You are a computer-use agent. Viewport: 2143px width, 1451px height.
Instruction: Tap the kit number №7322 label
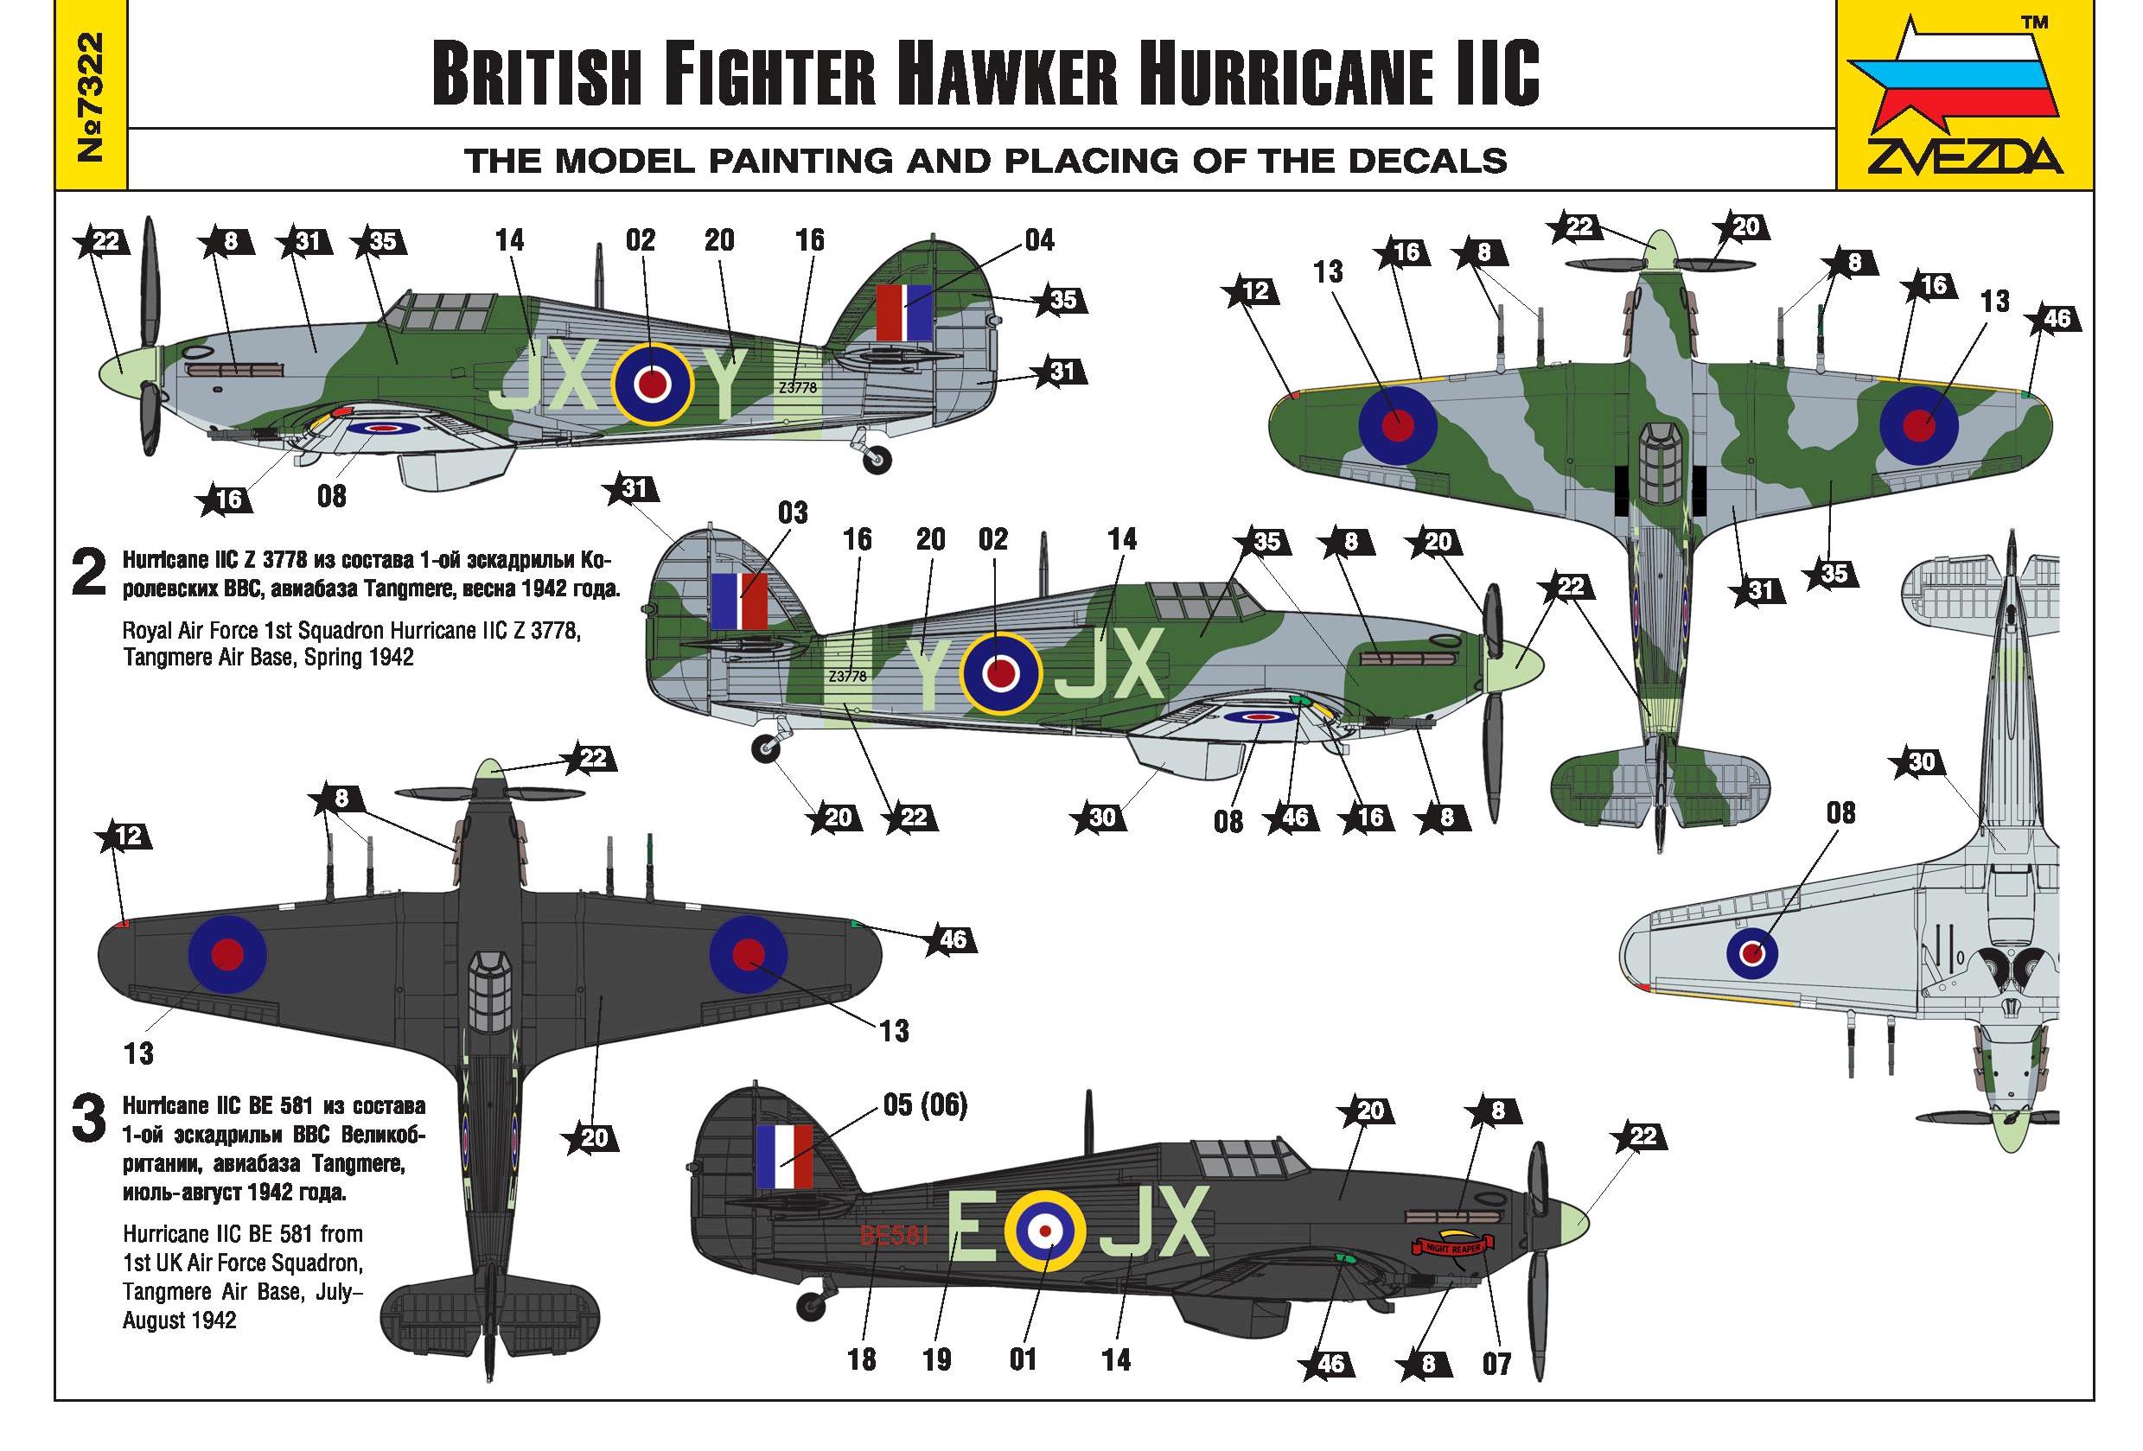click(92, 96)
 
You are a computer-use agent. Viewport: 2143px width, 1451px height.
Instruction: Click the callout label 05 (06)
click(925, 1104)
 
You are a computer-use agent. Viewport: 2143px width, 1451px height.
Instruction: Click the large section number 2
click(88, 572)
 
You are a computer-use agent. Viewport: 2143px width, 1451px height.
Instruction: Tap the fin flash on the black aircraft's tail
click(784, 1156)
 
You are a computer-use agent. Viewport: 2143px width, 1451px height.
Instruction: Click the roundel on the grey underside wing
click(1752, 952)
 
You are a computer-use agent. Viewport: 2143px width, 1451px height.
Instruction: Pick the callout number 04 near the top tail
click(1039, 240)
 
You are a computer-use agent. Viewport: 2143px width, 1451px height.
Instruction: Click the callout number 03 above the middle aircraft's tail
click(793, 512)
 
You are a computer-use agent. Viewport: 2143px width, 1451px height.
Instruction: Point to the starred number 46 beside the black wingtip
click(952, 939)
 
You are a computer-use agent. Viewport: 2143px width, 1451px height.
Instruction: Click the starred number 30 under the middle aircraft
click(1102, 817)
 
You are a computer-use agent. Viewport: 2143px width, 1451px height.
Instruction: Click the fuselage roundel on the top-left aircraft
click(653, 384)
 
